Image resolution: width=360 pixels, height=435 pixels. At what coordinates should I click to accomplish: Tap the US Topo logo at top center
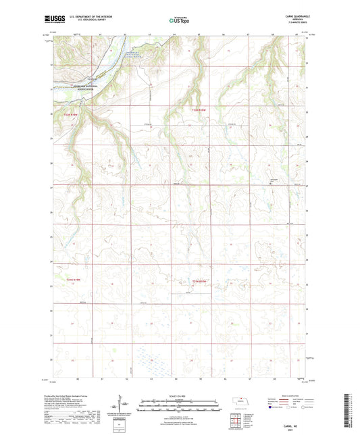[x=178, y=21]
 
